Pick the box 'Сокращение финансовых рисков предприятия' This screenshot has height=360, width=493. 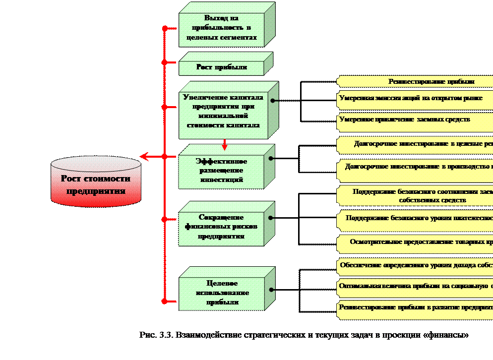pyautogui.click(x=221, y=227)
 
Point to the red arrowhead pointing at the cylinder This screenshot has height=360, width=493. pyautogui.click(x=144, y=157)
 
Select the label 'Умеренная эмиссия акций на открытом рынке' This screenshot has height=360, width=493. pyautogui.click(x=411, y=98)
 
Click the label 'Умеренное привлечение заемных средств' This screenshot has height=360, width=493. pyautogui.click(x=405, y=120)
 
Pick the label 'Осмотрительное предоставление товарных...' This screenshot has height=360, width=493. pyautogui.click(x=421, y=242)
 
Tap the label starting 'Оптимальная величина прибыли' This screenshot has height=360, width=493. pyautogui.click(x=416, y=286)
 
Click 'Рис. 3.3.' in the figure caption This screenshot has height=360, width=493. pyautogui.click(x=156, y=335)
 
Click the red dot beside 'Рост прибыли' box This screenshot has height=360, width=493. pyautogui.click(x=164, y=62)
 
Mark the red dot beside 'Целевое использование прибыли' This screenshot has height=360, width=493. pyautogui.click(x=164, y=300)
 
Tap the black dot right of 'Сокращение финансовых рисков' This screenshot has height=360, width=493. pyautogui.click(x=271, y=217)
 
